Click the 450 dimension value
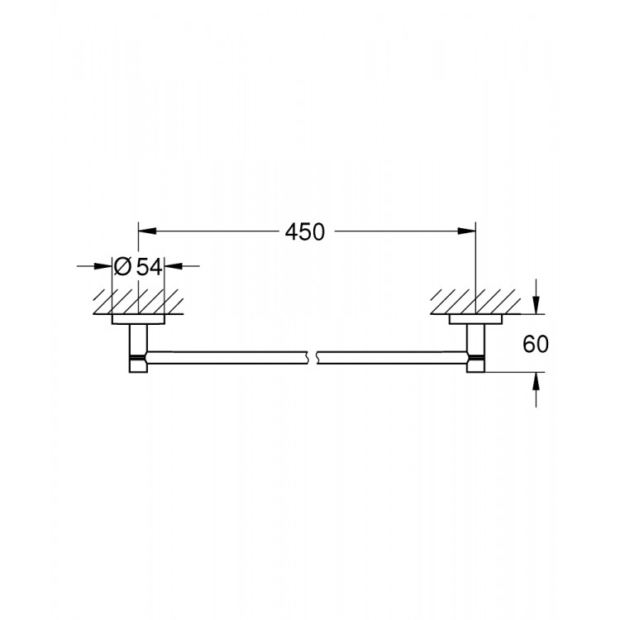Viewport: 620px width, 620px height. click(x=306, y=232)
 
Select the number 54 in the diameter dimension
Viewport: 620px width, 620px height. click(x=150, y=266)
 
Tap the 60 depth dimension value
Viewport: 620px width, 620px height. click(x=537, y=344)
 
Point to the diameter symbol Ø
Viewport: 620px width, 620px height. click(x=122, y=266)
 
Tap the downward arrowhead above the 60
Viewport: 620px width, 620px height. click(x=537, y=306)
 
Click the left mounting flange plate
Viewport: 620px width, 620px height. click(x=138, y=319)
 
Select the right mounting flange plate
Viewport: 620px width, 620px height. click(x=475, y=319)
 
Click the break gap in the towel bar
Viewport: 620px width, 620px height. click(x=313, y=357)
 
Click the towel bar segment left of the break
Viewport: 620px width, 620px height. click(x=227, y=357)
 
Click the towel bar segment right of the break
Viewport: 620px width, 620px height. click(x=389, y=357)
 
